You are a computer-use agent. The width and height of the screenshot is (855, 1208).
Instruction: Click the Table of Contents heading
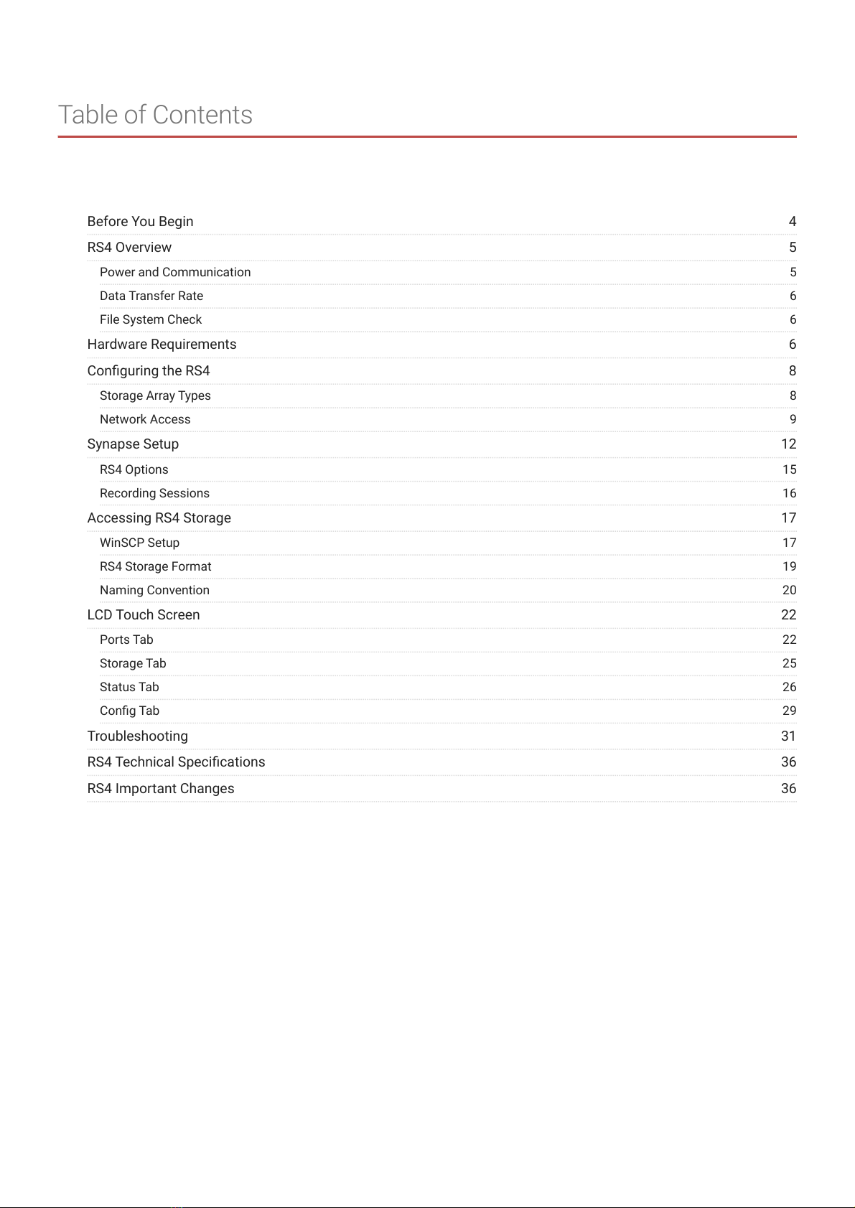pos(155,115)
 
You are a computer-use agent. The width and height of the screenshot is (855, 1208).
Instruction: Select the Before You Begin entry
pos(140,222)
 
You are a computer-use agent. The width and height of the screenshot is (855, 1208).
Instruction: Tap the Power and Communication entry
pos(175,273)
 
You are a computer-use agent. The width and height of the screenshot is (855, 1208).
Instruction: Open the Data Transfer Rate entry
pos(151,296)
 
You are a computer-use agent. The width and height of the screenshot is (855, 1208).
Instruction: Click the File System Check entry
pos(151,320)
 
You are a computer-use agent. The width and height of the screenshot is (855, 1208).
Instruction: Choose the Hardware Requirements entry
pos(162,345)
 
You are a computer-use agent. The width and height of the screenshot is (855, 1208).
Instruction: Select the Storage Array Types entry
pos(155,396)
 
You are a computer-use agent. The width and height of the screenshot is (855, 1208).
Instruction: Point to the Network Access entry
pos(145,420)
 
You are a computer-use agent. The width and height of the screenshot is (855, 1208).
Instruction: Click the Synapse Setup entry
pos(133,444)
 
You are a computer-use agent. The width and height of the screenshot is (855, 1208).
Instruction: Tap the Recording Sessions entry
pos(154,494)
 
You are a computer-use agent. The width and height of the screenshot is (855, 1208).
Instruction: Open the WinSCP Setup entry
pos(139,543)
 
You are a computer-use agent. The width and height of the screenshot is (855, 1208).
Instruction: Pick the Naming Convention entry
pos(154,591)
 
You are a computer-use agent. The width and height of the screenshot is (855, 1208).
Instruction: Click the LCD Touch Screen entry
pos(144,615)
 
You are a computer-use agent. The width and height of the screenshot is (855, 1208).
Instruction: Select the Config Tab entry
pos(129,711)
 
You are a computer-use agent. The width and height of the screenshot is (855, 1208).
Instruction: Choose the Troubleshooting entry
pos(137,736)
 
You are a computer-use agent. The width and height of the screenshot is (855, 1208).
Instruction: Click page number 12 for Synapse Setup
pos(788,444)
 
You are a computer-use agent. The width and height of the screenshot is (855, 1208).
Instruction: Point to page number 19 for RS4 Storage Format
pos(789,567)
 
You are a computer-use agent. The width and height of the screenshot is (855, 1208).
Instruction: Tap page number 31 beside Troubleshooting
pos(788,736)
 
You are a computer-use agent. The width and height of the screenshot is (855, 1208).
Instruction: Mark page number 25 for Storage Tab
pos(789,664)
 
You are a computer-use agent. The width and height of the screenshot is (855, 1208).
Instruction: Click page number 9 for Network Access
pos(793,420)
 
